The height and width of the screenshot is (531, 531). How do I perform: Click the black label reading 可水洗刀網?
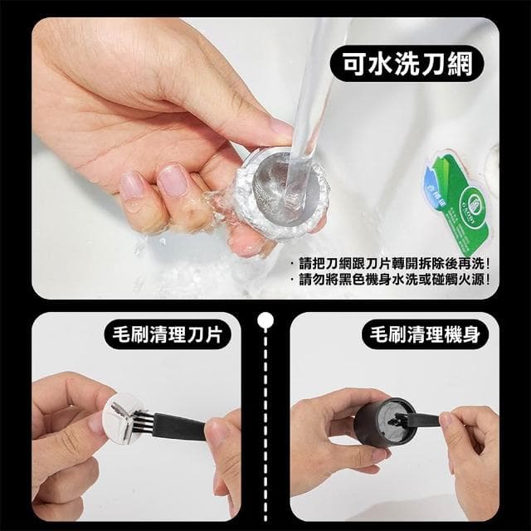coord(408,65)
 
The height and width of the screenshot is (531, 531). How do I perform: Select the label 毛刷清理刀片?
coord(171,335)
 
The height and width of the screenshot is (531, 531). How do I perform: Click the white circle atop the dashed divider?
coord(265,318)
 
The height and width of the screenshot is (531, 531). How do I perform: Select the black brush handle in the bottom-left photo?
coord(187,427)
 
